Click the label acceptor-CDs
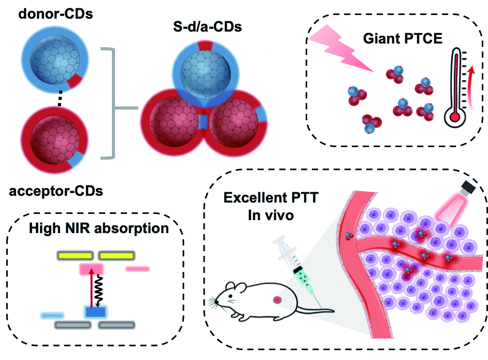click(x=56, y=191)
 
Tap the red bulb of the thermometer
click(x=455, y=117)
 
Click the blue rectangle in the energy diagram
click(x=95, y=312)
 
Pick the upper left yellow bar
click(x=76, y=255)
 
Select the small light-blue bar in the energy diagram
click(x=52, y=314)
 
